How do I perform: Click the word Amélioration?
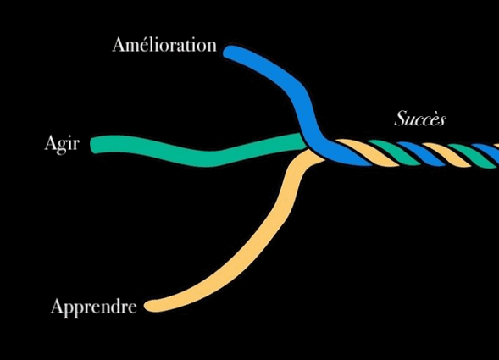tap(164, 44)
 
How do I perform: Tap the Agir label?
tap(62, 144)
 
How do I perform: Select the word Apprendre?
tap(94, 307)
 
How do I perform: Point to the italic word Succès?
tap(419, 118)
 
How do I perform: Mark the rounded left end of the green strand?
tap(92, 145)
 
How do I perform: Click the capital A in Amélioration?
tap(119, 44)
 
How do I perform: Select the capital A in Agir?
tap(51, 142)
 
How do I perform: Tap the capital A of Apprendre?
tap(58, 306)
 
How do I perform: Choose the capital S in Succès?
tap(401, 118)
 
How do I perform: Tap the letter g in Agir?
tap(63, 147)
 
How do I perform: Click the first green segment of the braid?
tap(395, 152)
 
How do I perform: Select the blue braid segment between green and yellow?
tap(421, 153)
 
